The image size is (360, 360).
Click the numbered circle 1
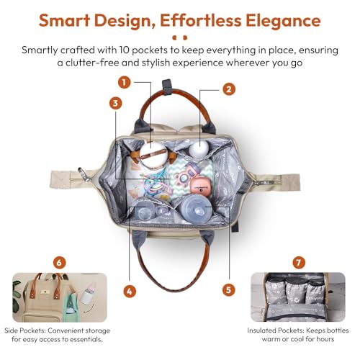pos(124,83)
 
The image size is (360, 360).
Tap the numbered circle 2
pos(229,89)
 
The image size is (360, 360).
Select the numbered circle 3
pos(116,104)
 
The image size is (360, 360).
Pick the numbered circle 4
pos(130,292)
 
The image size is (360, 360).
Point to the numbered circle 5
pos(229,289)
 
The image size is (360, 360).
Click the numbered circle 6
pos(59,262)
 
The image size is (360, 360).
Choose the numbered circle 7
pos(299,262)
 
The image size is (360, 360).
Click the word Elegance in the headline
pos(283,21)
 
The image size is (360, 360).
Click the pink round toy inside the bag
pos(200,187)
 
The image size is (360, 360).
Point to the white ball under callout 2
pos(199,148)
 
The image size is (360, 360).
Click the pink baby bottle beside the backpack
pos(88,293)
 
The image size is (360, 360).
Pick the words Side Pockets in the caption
pos(24,330)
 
